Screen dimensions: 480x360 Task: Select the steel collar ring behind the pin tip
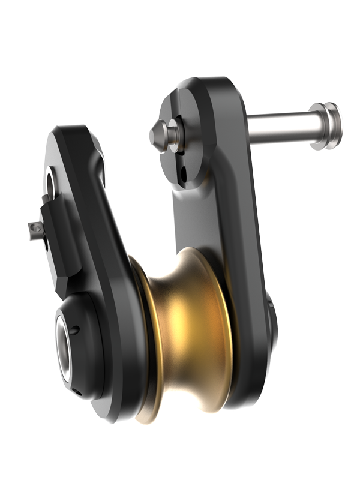173,134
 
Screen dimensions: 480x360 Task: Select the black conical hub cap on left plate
81,345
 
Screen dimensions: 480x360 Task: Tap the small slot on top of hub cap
75,329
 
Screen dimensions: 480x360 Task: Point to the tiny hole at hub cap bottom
79,393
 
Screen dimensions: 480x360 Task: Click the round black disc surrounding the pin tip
180,138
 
